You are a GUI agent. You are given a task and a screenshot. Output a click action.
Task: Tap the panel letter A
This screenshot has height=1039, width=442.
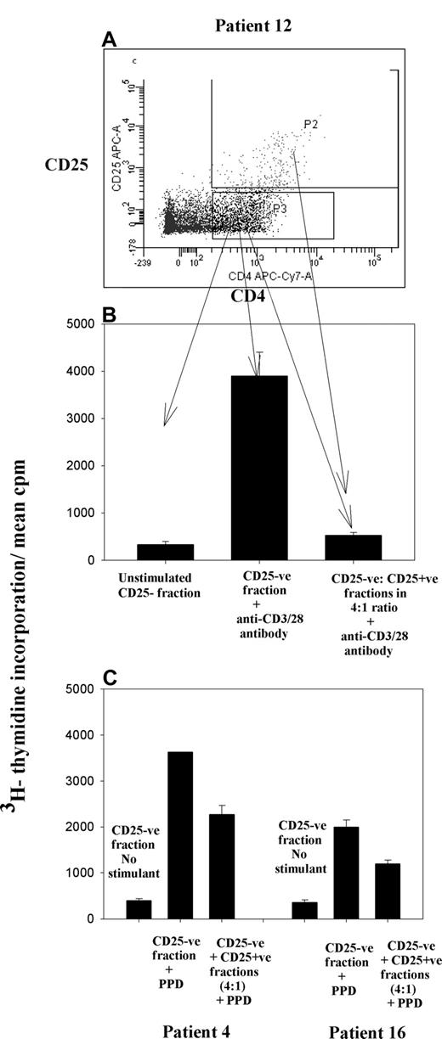coord(110,40)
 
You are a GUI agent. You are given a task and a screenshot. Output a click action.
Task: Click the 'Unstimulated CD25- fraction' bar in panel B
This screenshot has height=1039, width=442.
coord(166,552)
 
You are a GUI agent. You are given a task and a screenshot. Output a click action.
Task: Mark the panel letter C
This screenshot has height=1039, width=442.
coord(109,678)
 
